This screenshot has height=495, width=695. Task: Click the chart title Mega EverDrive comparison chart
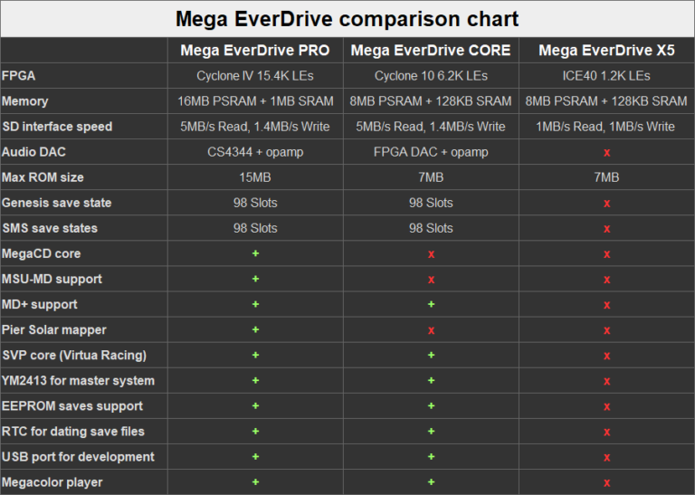(x=347, y=18)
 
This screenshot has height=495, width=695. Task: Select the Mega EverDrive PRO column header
(x=255, y=50)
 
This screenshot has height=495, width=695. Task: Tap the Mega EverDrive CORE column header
(x=431, y=50)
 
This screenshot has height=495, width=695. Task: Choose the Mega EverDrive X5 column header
(x=606, y=50)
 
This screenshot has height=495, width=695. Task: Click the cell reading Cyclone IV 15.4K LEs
(x=255, y=76)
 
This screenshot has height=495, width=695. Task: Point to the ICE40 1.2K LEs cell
(x=606, y=76)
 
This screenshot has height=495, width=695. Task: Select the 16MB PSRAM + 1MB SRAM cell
(x=255, y=101)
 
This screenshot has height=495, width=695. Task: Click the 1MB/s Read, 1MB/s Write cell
(x=606, y=127)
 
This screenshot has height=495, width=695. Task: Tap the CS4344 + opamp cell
(x=255, y=152)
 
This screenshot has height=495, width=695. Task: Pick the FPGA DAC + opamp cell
(x=431, y=152)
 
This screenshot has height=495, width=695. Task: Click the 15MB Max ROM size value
(x=255, y=177)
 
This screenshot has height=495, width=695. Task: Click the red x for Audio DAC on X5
(x=606, y=153)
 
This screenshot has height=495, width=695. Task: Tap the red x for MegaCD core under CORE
(x=431, y=254)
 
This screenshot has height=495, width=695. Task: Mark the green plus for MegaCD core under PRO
(x=255, y=253)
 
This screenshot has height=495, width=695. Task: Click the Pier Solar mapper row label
(x=54, y=329)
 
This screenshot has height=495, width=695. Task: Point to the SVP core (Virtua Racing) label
(x=74, y=355)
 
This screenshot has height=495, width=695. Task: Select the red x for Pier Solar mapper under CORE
(x=431, y=330)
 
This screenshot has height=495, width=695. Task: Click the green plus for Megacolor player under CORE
(x=431, y=481)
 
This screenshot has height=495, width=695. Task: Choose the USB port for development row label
(x=78, y=457)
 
